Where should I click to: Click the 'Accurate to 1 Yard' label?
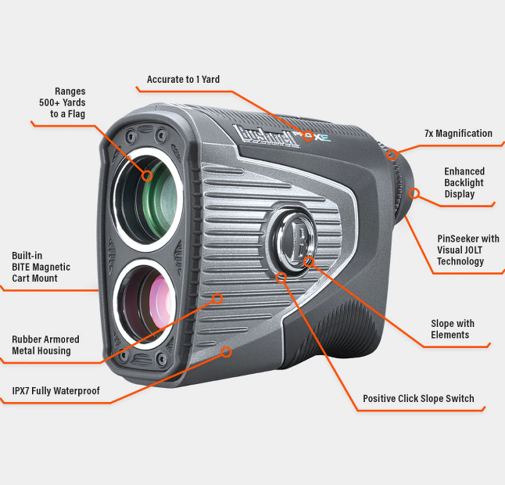[183, 80]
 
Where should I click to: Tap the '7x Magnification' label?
[458, 134]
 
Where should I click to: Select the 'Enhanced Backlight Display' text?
[464, 182]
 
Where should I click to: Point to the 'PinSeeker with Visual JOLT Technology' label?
[468, 250]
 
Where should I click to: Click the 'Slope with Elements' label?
[453, 329]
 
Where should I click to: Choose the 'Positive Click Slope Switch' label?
[418, 399]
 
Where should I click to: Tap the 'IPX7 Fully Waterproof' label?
[56, 390]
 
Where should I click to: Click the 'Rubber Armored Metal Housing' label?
[45, 345]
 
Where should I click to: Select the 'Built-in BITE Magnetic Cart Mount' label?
[41, 267]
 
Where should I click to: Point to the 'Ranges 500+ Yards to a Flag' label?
[63, 102]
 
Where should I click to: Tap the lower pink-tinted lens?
[149, 304]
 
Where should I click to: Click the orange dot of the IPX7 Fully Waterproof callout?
[227, 352]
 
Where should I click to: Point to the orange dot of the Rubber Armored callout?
[219, 298]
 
